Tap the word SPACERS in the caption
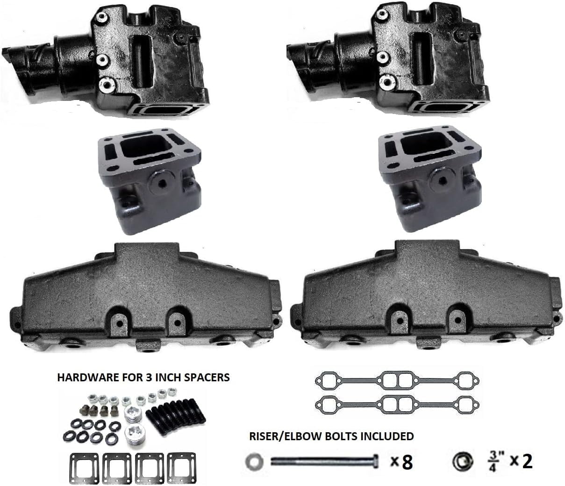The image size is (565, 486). [207, 377]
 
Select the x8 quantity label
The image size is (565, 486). [401, 462]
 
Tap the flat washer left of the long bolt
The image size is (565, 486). [254, 462]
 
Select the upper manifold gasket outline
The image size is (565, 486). [395, 380]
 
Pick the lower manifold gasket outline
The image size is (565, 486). [395, 405]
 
